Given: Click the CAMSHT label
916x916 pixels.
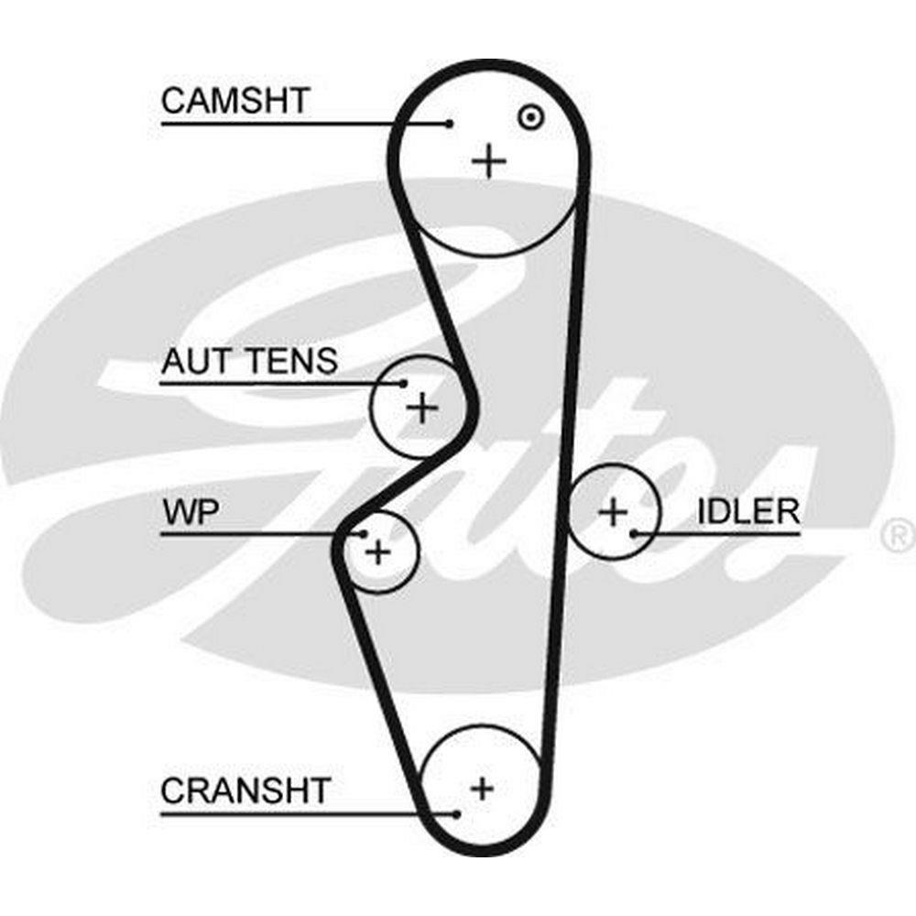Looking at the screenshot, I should [235, 101].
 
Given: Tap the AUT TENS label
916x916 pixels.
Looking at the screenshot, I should [249, 362].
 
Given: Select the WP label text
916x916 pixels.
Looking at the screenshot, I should [190, 511].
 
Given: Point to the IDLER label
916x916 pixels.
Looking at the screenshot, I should [748, 511].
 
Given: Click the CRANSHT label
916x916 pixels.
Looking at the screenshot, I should [245, 790].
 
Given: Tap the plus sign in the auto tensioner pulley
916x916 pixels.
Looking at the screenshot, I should [422, 407].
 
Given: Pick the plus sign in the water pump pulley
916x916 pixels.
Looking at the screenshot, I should [377, 552].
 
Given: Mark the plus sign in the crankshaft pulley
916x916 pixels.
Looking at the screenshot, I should [482, 787].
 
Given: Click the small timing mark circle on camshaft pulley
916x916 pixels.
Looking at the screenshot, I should [529, 116].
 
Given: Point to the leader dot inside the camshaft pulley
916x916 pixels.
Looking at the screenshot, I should [450, 124].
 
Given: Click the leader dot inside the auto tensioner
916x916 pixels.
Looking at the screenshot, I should [403, 383].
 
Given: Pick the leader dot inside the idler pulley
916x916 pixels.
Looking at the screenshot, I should [633, 531].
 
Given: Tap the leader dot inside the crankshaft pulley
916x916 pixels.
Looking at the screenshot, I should [455, 812].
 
